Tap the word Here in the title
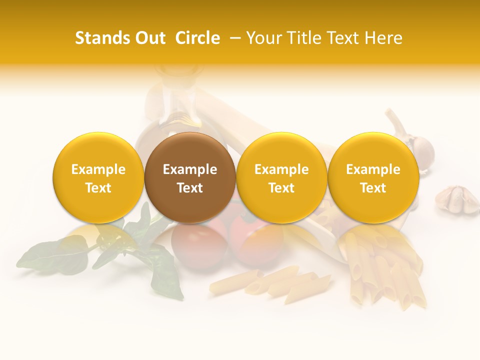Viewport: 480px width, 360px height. [383, 38]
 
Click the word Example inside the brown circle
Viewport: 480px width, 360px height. [190, 169]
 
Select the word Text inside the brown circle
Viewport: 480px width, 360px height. [190, 188]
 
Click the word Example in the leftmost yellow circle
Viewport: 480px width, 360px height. [98, 169]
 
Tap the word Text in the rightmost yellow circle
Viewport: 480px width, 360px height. [373, 188]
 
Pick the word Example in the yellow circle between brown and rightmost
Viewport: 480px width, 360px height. [281, 169]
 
